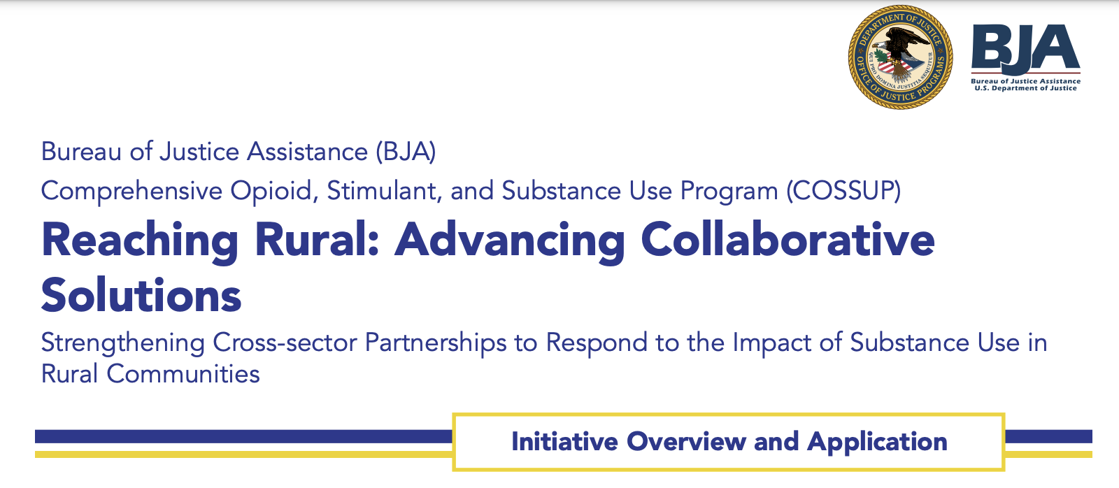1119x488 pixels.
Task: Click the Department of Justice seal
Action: (900, 57)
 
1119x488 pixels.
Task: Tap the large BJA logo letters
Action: (1025, 48)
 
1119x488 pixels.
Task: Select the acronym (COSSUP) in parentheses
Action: (843, 191)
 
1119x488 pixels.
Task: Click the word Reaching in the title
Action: (140, 241)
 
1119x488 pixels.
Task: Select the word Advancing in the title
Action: (510, 241)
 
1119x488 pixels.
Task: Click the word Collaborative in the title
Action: (788, 240)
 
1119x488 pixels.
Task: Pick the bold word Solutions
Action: (141, 295)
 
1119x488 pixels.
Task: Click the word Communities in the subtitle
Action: (183, 373)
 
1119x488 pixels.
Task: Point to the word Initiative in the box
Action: (564, 442)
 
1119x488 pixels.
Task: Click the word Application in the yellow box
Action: (877, 443)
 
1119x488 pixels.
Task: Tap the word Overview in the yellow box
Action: (686, 442)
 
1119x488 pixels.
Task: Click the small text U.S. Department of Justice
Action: (1025, 88)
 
